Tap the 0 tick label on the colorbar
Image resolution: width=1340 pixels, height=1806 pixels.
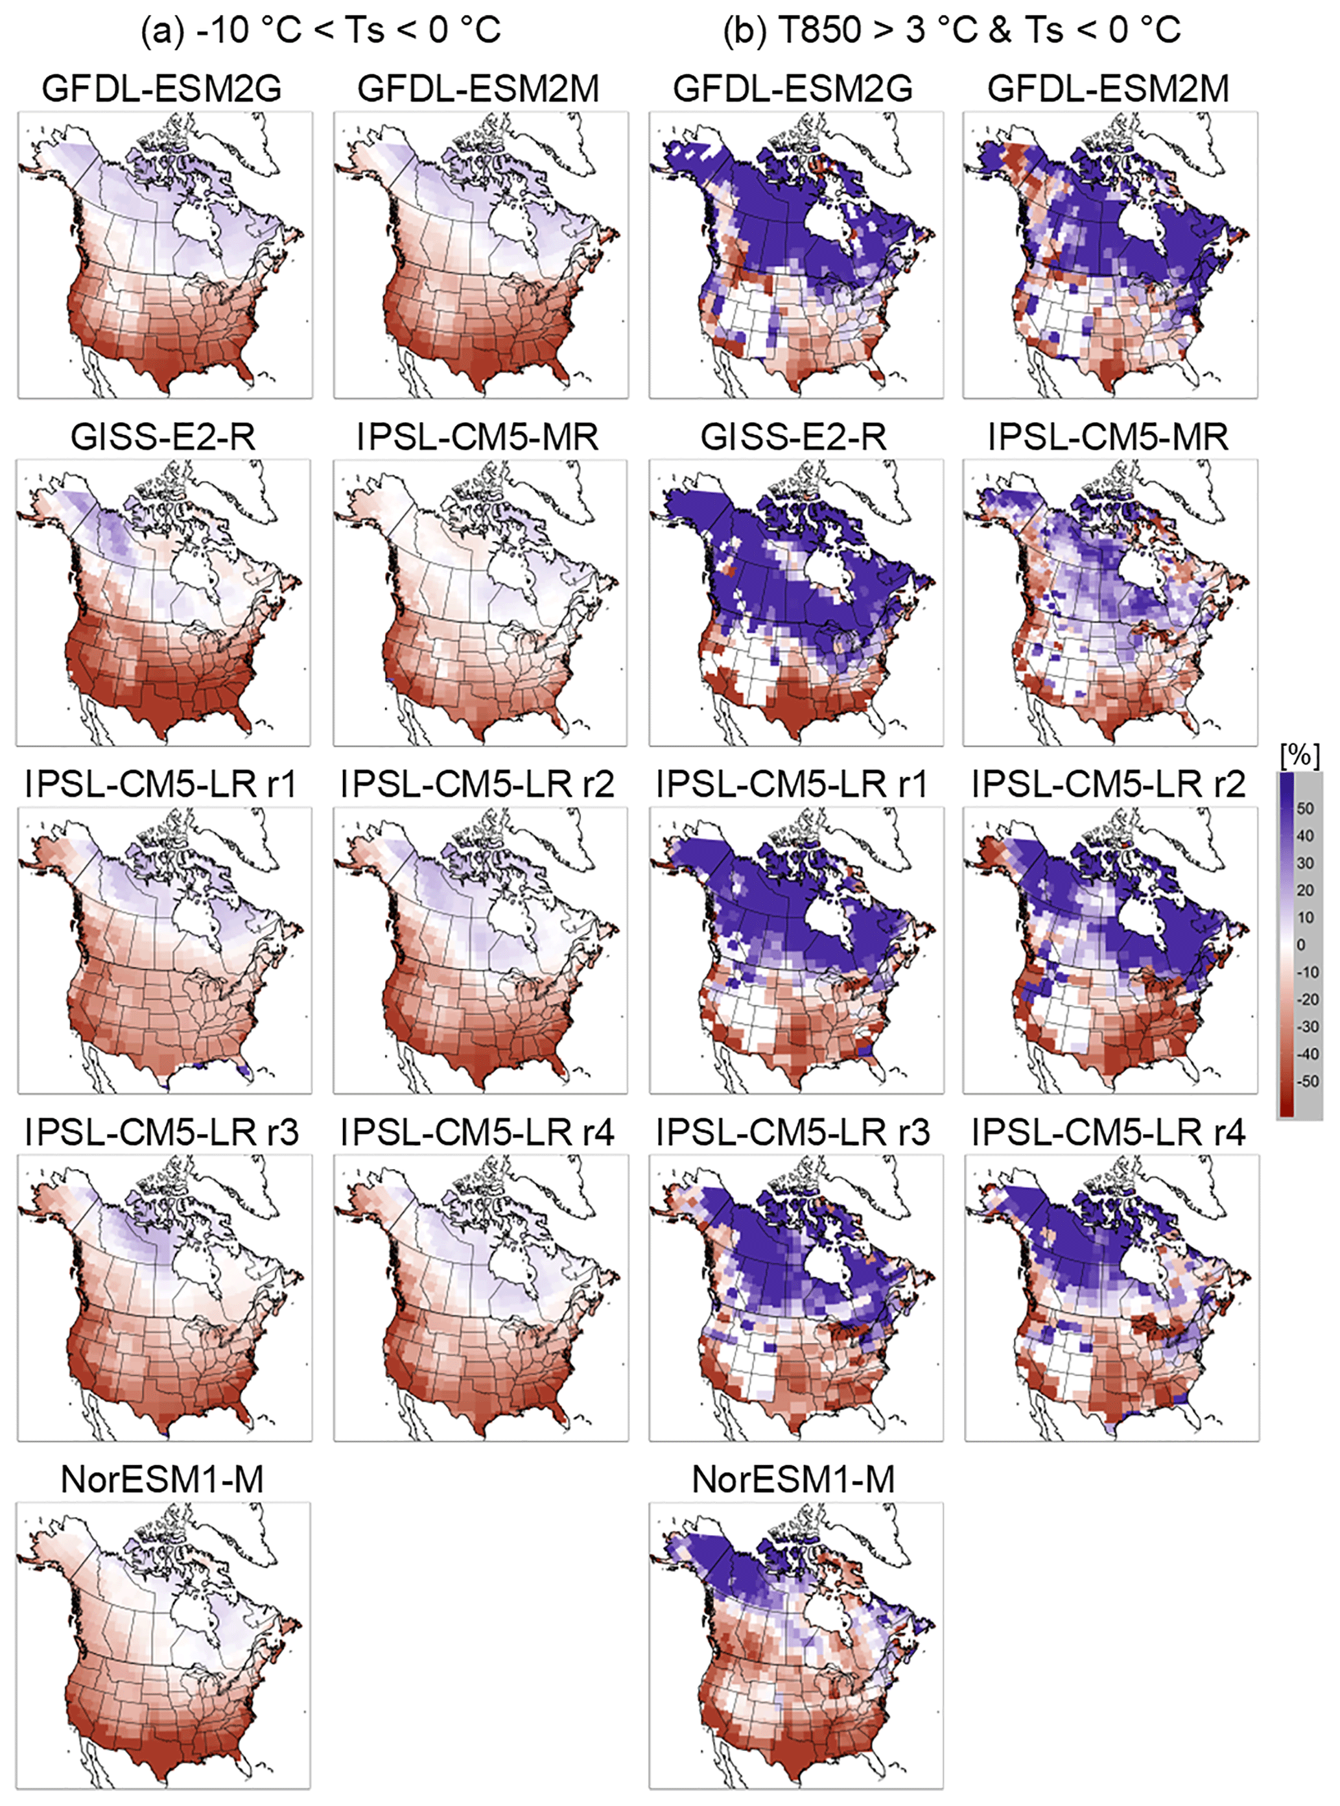(x=1301, y=945)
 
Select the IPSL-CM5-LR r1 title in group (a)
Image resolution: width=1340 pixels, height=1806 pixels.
(x=161, y=785)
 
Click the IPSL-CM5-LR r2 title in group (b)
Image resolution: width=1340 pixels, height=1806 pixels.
(x=1109, y=785)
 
